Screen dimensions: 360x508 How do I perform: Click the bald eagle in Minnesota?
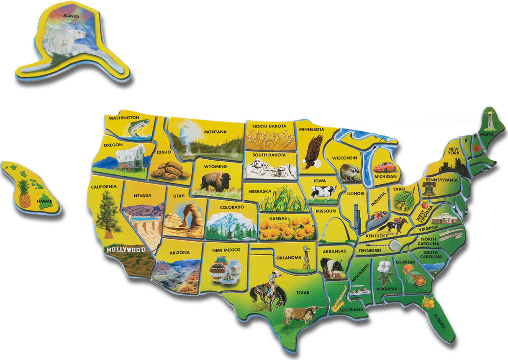coord(313,151)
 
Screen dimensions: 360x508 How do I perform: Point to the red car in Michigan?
coord(384,167)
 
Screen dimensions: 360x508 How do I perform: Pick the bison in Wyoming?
coord(216,181)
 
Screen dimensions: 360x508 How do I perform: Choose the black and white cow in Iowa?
coord(323,193)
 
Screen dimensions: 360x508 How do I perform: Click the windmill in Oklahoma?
coord(307,256)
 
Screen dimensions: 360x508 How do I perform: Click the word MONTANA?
coord(215,132)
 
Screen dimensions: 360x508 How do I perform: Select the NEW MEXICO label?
coord(226,250)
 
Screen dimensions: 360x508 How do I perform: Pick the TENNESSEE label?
coord(369,250)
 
